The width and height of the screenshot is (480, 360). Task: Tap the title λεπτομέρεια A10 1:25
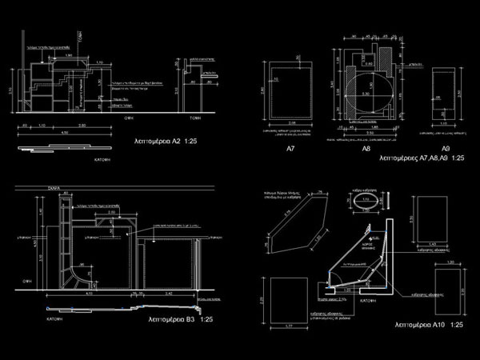click(430, 326)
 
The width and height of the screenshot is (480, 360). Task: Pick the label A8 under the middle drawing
click(366, 150)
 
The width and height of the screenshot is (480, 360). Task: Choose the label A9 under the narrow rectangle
click(446, 150)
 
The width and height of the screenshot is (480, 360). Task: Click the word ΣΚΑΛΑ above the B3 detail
click(54, 190)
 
